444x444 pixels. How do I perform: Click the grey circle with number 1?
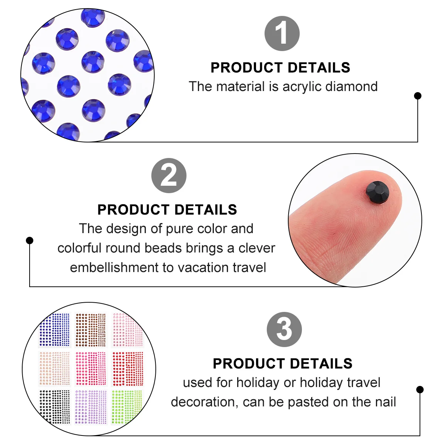pos(282,33)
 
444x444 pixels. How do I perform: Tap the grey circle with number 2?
pos(169,175)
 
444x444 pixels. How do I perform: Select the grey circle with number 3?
pos(284,329)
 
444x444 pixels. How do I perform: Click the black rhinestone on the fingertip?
pos(377,192)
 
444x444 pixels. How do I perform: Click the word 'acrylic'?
pos(302,87)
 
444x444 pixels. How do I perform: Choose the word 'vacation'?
pos(203,268)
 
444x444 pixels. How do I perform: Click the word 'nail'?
pos(386,402)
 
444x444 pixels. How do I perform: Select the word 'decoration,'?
pos(205,402)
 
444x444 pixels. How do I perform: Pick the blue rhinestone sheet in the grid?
pos(54,330)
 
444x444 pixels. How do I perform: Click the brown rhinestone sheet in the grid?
pos(91,330)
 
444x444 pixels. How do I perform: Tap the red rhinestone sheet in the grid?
pos(127,369)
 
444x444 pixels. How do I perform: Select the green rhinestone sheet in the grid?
pos(127,406)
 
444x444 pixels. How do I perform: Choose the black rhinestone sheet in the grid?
pos(54,407)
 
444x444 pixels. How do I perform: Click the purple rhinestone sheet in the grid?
pos(91,407)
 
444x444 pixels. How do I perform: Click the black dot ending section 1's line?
pos(417,95)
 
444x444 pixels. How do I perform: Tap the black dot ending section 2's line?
pos(30,240)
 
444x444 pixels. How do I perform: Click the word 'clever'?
pos(257,248)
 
